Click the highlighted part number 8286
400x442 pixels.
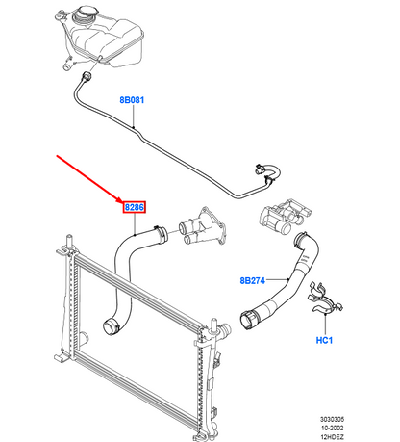click(135, 206)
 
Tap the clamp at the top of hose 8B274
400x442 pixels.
click(303, 241)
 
